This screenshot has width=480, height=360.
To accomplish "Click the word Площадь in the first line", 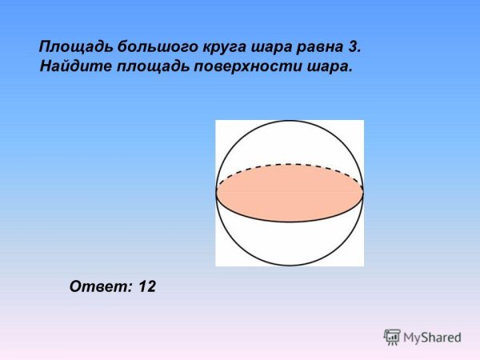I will [71, 46].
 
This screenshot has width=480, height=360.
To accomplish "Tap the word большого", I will [146, 46].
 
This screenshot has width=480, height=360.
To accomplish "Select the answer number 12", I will [146, 286].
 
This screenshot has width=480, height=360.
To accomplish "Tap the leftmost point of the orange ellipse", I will [217, 193].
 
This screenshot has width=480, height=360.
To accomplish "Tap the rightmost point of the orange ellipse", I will [362, 193].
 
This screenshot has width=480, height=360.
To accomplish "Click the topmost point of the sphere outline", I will [290, 121].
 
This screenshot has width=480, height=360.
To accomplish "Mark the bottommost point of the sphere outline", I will [290, 266].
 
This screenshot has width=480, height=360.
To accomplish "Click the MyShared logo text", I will [432, 337].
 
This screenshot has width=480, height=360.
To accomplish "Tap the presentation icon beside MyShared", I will [392, 336].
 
